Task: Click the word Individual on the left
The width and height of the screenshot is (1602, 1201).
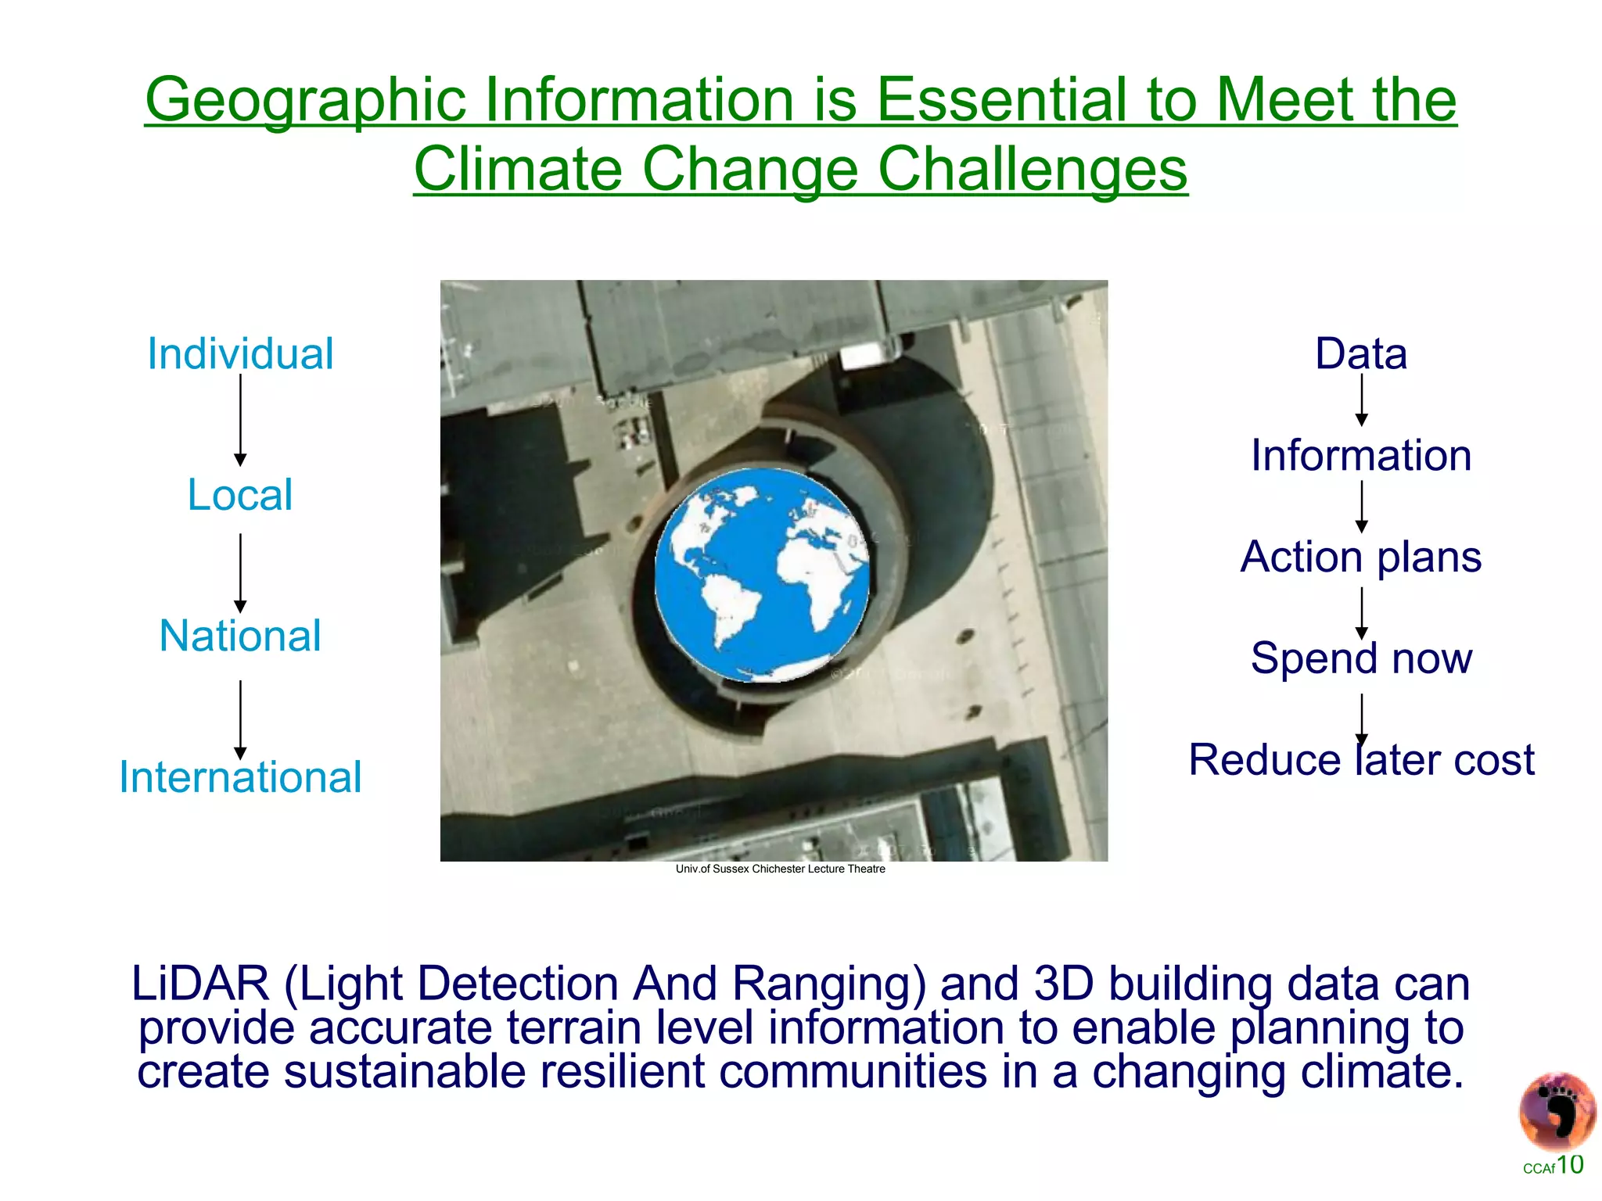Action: tap(240, 354)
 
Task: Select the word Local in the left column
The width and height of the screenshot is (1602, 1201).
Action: tap(240, 495)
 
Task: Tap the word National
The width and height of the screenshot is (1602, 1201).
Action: tap(240, 636)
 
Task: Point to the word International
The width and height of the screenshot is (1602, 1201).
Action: tap(240, 777)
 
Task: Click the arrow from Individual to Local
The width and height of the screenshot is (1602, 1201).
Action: tap(240, 420)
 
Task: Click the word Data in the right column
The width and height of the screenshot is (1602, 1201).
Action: tap(1361, 354)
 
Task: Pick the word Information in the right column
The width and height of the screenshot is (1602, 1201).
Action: tap(1361, 456)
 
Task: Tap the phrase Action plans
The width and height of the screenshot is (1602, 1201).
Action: tap(1361, 557)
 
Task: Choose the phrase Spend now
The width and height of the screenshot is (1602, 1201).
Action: tap(1361, 658)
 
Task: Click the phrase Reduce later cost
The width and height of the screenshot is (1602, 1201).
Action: tap(1361, 760)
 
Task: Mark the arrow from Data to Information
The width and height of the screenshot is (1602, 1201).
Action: tap(1361, 400)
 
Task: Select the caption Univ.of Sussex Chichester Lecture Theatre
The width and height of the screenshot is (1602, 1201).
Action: tap(780, 869)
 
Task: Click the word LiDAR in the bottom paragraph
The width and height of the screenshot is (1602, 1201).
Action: tap(200, 984)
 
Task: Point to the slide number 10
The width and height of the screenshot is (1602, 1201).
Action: tap(1569, 1165)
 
